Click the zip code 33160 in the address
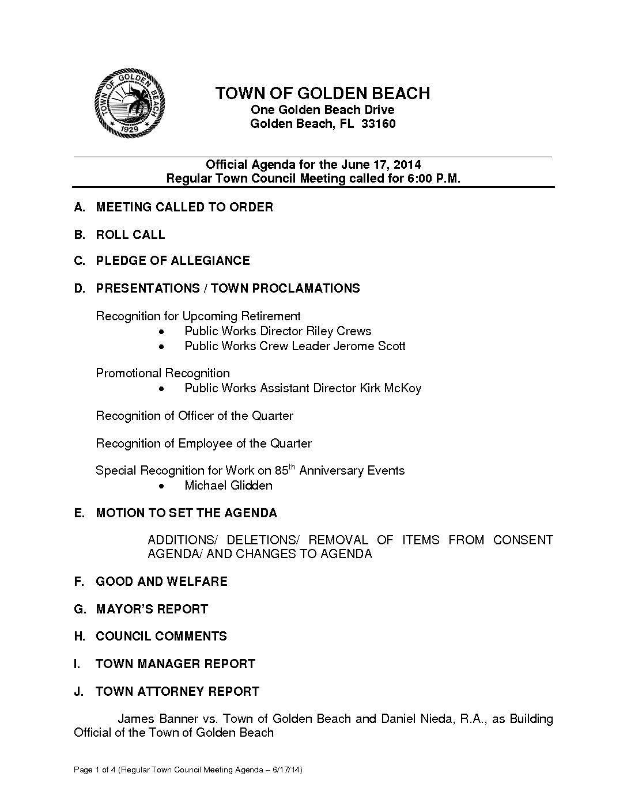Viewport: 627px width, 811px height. tap(378, 124)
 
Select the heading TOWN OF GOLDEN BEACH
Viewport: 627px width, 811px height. tap(323, 93)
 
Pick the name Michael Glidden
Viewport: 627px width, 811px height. tap(228, 486)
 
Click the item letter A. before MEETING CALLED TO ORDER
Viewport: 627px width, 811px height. tap(80, 207)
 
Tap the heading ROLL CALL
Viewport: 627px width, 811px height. tap(130, 235)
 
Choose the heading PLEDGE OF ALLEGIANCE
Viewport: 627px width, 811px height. tap(173, 261)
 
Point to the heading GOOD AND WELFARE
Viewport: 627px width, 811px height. tap(161, 582)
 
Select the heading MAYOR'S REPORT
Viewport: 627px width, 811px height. tap(152, 609)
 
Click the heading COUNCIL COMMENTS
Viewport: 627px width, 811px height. tap(161, 636)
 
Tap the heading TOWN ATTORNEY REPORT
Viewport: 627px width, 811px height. tap(177, 692)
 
